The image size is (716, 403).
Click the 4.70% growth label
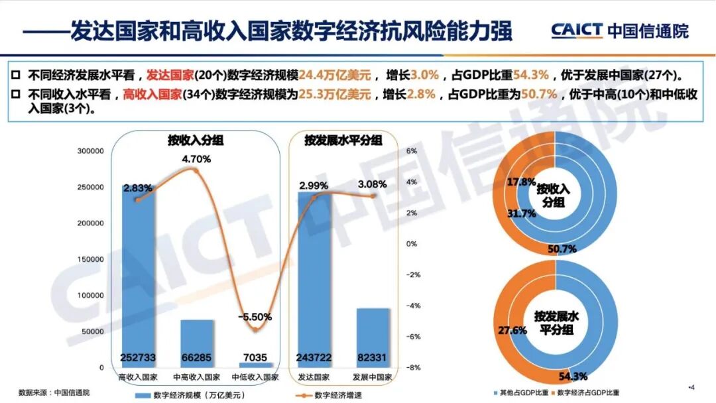point(196,159)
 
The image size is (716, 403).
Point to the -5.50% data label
point(255,317)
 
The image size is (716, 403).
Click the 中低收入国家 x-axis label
point(255,377)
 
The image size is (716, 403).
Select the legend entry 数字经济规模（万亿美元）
point(193,395)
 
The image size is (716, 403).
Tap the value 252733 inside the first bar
point(138,358)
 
